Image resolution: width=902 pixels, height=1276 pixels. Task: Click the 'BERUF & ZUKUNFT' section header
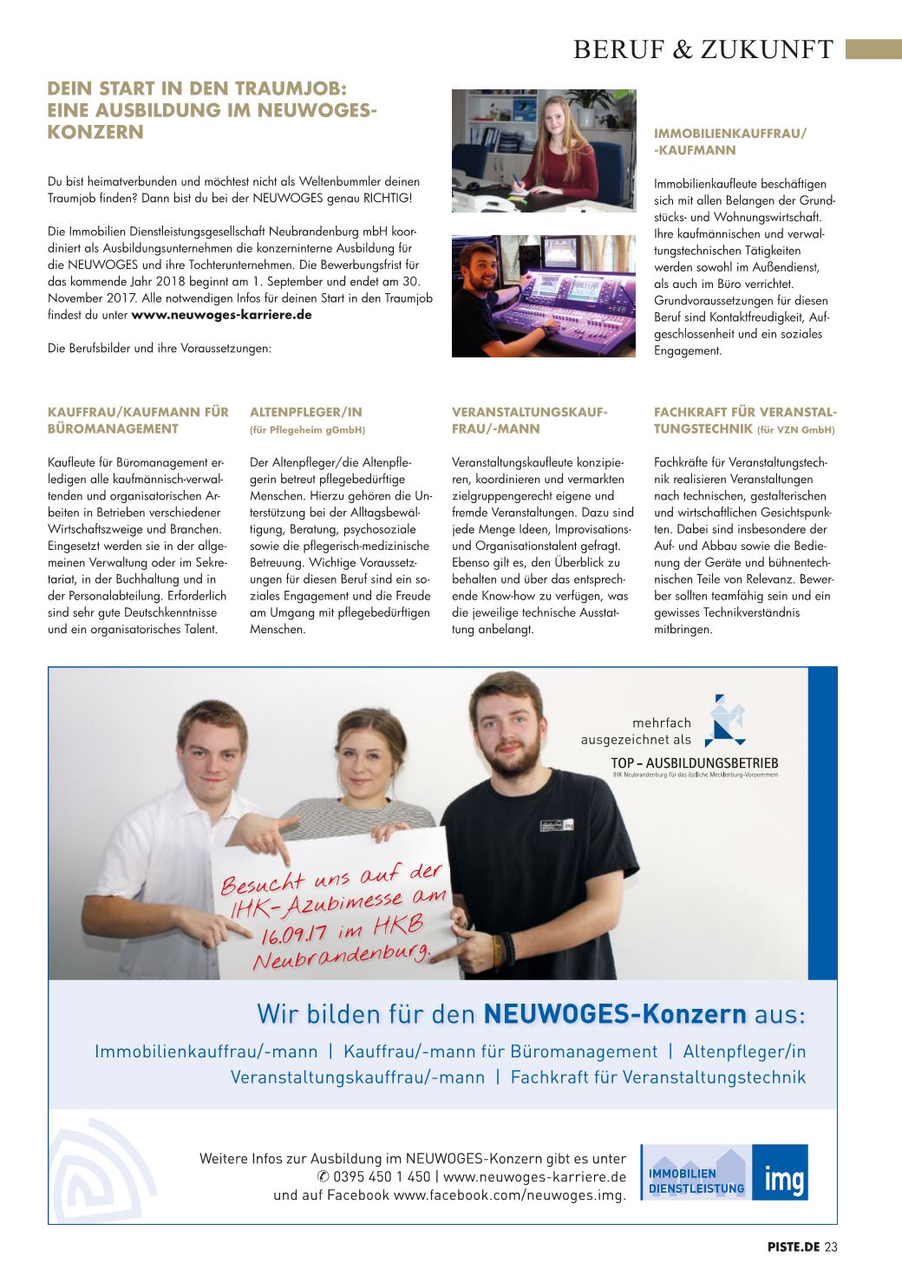click(703, 49)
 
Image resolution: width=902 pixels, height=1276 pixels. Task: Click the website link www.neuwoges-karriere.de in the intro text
click(221, 315)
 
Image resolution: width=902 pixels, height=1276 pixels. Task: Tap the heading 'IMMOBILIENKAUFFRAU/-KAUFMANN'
click(729, 141)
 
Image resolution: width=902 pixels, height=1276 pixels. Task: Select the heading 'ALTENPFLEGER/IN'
click(306, 412)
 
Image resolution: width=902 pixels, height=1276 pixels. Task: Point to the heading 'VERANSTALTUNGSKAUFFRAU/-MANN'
click(529, 420)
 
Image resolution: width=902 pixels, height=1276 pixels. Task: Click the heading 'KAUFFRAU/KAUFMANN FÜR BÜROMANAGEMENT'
click(138, 420)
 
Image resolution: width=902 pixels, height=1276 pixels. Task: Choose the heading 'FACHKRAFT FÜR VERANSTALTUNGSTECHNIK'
click(745, 420)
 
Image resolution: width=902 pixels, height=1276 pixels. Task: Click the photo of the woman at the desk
click(544, 150)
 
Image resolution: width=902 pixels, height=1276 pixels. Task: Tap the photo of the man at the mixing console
click(544, 296)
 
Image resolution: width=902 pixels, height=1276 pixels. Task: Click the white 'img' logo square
click(780, 1172)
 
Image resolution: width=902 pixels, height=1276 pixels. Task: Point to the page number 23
click(831, 1247)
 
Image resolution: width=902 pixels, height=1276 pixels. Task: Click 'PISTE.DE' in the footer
click(793, 1247)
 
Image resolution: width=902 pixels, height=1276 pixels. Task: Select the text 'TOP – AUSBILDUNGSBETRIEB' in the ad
click(694, 763)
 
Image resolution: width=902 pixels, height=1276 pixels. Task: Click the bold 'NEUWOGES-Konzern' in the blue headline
click(614, 1013)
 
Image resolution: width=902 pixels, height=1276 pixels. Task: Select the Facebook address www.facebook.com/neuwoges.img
click(509, 1195)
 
